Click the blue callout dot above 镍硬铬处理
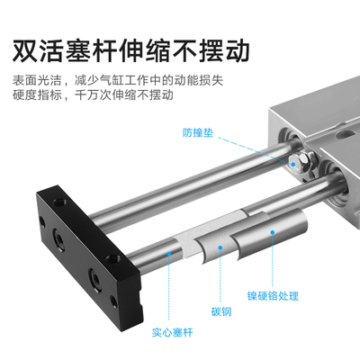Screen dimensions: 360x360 click(x=274, y=233)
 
